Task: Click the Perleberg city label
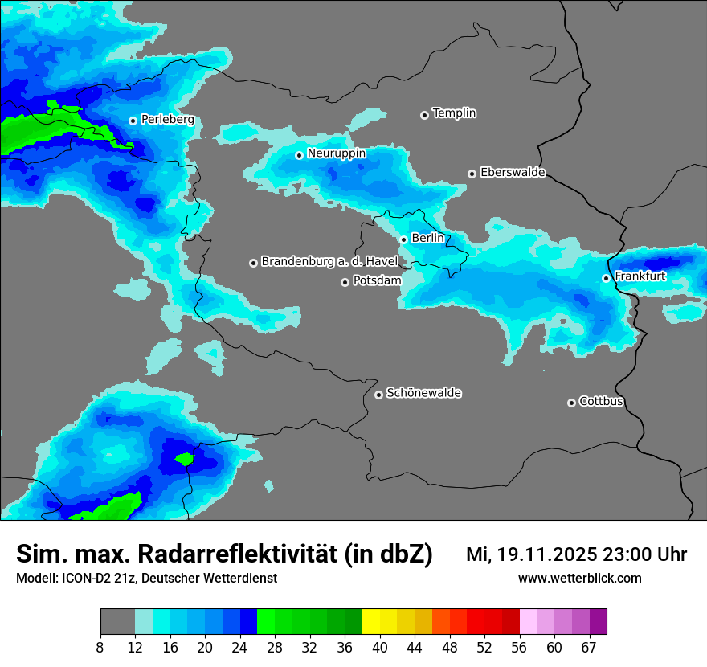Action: tap(167, 120)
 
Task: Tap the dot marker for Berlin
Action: tap(404, 239)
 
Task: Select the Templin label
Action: tap(455, 113)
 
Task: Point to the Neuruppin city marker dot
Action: tap(299, 154)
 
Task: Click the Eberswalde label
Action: tap(513, 173)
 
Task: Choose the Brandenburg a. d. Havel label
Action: tap(329, 262)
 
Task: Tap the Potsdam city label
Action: tap(377, 281)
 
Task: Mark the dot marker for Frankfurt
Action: tap(606, 278)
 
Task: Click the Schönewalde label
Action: tap(424, 393)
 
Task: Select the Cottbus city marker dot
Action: tap(571, 403)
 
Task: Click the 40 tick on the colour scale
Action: tap(380, 647)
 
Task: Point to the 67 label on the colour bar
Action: tap(589, 647)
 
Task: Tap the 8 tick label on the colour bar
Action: tap(100, 647)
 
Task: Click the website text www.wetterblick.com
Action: tap(579, 579)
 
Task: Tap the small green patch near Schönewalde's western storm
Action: tap(185, 459)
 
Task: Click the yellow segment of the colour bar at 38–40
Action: tap(371, 622)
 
